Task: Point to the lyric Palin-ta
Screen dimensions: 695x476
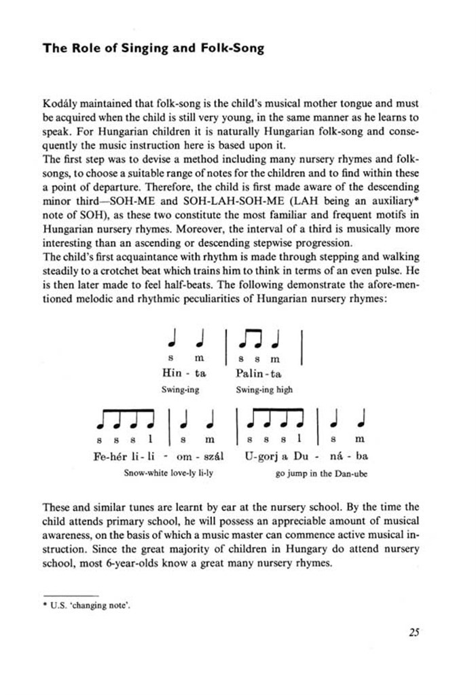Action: click(x=259, y=373)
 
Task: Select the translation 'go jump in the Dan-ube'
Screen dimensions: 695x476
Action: click(x=322, y=474)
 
